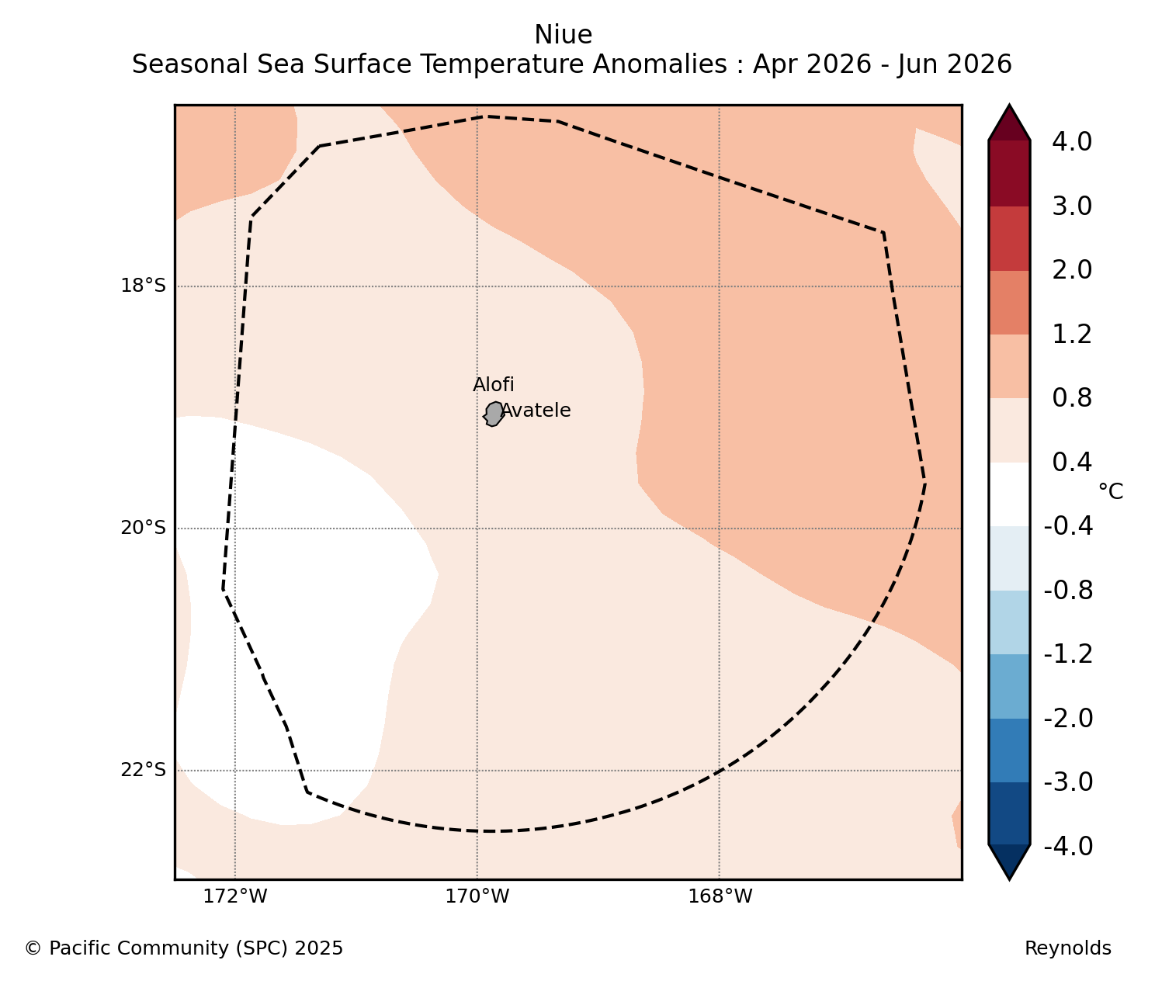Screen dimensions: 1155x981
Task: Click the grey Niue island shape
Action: pos(494,414)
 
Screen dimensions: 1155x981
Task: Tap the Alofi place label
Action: pos(494,385)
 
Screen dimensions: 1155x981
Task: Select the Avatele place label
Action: pos(536,411)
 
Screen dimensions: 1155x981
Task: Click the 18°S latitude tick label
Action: pos(144,286)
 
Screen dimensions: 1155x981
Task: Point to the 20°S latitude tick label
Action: pos(144,528)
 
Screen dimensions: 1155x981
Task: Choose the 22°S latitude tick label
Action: pos(144,770)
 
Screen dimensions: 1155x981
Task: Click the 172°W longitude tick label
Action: pos(235,896)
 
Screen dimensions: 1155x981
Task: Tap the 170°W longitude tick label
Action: pos(477,896)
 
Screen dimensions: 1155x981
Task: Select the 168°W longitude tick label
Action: pos(720,896)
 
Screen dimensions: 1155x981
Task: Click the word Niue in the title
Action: pos(564,35)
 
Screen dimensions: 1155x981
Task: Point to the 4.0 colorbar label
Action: pos(1072,142)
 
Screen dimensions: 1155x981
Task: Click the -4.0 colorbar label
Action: pos(1068,847)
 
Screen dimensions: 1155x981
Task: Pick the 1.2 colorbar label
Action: pos(1072,335)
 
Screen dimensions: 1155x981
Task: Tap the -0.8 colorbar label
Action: pos(1068,591)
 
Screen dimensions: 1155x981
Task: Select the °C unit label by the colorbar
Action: pos(1111,491)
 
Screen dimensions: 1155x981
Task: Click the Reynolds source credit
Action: pos(1068,948)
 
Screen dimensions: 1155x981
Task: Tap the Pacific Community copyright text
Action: pos(184,948)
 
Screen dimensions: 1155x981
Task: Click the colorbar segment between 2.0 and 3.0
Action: pos(1009,238)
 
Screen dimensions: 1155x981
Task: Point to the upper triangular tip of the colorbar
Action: pos(1009,105)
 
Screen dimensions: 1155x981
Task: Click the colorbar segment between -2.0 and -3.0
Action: pos(1009,750)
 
